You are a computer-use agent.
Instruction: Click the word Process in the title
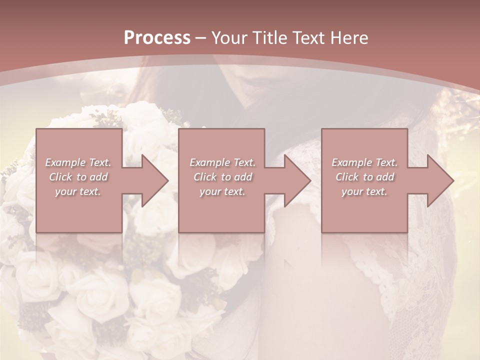(x=157, y=38)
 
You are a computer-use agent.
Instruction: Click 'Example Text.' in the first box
(x=78, y=162)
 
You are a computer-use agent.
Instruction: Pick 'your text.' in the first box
(x=78, y=191)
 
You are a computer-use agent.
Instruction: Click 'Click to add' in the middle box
(x=222, y=177)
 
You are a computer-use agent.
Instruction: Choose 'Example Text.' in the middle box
(x=222, y=162)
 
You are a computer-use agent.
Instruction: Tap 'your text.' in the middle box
(x=222, y=191)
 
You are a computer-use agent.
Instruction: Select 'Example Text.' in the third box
(x=364, y=162)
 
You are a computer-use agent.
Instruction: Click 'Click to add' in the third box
(x=364, y=177)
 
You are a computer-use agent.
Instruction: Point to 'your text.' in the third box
(x=364, y=191)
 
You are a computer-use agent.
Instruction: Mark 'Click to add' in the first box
(x=78, y=177)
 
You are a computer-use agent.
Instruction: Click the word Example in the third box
(x=352, y=162)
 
